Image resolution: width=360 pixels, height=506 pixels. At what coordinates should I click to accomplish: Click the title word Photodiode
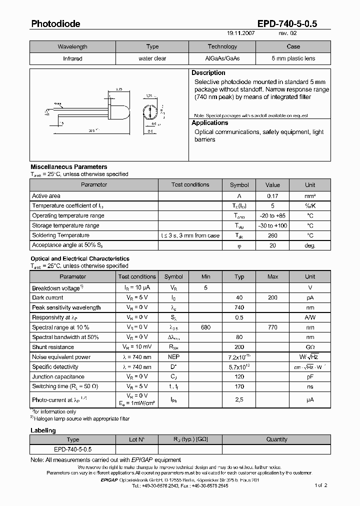(55, 23)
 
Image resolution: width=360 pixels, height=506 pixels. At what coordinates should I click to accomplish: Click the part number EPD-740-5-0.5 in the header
(293, 23)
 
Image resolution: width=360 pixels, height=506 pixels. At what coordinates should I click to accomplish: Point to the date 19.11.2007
(241, 33)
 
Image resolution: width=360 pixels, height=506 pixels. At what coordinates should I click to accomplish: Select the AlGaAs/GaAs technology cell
(222, 58)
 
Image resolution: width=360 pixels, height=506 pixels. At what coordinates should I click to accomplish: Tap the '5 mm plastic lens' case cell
(293, 58)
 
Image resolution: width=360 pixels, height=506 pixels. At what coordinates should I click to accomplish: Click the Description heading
(208, 73)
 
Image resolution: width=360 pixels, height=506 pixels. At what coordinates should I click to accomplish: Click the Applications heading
(210, 123)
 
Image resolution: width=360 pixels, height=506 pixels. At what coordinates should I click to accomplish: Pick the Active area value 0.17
(272, 196)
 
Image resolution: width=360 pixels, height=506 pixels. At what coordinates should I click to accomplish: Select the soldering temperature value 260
(272, 235)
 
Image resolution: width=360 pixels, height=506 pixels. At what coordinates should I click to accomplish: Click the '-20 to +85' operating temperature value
(272, 215)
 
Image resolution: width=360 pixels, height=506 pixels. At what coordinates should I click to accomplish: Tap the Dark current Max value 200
(272, 297)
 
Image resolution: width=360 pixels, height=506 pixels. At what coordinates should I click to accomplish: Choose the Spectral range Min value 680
(205, 327)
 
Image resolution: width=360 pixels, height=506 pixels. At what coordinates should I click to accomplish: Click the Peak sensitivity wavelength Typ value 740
(239, 307)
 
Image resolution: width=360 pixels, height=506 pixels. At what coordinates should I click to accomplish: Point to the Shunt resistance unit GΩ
(310, 347)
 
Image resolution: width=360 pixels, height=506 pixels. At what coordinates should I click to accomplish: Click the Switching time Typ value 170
(239, 386)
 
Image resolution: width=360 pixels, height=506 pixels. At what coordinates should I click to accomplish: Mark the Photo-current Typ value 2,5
(239, 400)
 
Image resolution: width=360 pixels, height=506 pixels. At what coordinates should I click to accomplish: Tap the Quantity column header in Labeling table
(277, 439)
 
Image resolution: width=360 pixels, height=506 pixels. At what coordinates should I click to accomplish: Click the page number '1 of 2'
(321, 485)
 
